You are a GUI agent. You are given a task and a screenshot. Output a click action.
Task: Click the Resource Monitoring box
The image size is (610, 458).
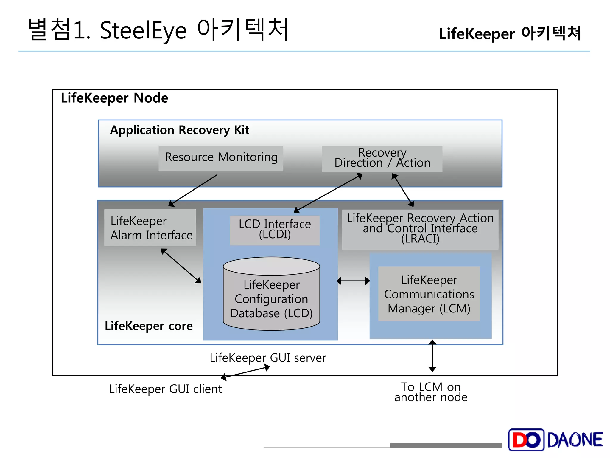pos(221,158)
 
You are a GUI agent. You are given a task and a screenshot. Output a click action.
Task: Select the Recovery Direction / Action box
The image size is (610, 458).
pos(382,159)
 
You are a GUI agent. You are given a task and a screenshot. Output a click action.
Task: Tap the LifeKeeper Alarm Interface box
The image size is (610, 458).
pos(150,228)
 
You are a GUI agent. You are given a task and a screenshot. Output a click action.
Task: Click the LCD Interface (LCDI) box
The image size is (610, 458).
pos(275,230)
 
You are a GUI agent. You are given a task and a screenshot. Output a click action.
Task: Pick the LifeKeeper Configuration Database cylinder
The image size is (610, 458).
pos(271,298)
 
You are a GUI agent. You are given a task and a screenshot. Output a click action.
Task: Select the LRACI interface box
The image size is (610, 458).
pos(420,229)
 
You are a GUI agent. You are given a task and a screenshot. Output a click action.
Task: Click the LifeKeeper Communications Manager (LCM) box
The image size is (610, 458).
pos(429,294)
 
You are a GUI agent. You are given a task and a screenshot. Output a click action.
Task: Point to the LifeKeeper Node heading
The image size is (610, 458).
pos(114,98)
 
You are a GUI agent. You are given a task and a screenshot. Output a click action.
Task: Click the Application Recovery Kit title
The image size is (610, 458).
pos(180,130)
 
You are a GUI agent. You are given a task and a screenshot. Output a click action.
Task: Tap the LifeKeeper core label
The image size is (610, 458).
pos(149,326)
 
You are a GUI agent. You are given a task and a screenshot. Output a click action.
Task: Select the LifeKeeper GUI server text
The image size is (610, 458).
pos(268,358)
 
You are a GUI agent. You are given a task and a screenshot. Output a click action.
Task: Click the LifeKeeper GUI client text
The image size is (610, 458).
pos(165,389)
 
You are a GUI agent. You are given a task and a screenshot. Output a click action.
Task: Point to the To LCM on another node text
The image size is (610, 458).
pos(431,392)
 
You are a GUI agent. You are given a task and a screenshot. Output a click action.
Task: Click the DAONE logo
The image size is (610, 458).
pos(555,440)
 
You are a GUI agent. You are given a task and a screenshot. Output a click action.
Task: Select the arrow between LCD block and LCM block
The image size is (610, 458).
pos(353,281)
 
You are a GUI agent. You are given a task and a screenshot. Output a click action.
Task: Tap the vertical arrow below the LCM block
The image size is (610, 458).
pos(432,355)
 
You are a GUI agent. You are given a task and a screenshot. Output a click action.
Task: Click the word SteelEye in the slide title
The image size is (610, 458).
pos(143,31)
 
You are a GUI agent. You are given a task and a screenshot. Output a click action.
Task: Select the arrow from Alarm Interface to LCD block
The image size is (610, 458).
pos(181,266)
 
